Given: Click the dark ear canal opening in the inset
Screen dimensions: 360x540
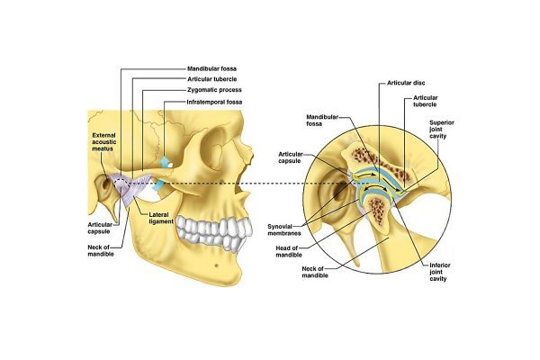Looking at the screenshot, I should coord(339,192).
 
